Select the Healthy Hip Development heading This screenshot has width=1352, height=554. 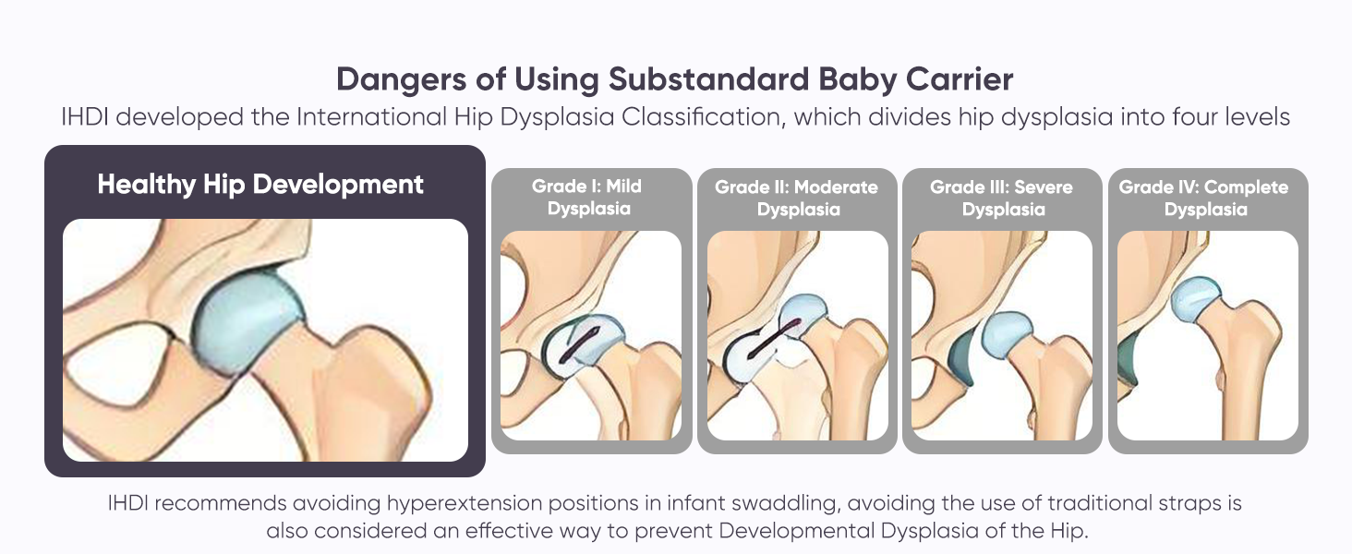260,185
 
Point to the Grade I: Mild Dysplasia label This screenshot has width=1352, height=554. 587,198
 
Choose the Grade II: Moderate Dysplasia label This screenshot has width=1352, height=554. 797,198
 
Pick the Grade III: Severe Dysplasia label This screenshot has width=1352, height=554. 1002,198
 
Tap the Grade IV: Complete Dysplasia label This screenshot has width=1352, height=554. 1204,198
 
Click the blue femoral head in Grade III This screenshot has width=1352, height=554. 1007,335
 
